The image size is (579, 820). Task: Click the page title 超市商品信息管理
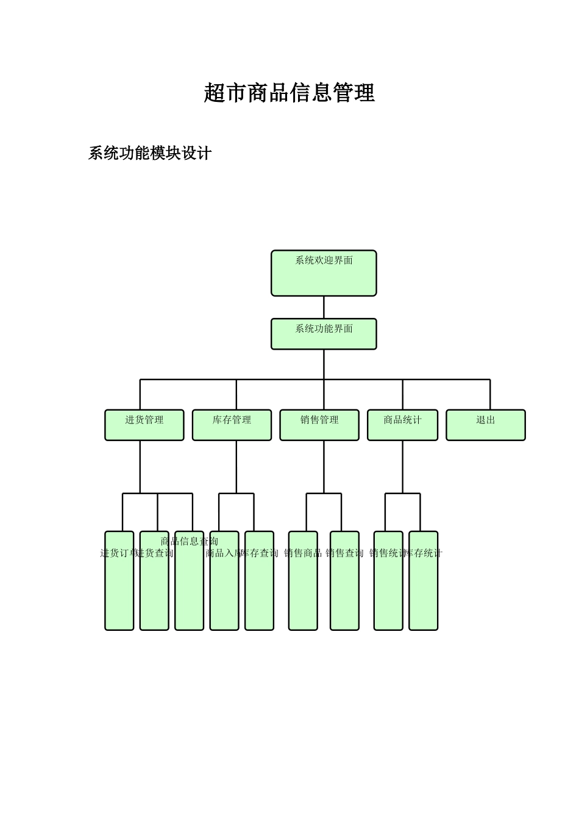coord(289,93)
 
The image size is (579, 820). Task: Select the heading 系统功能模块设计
coord(150,153)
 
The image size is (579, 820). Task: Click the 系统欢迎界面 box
coord(324,273)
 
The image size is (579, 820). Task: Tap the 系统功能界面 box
coord(324,334)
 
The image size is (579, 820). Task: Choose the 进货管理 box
coord(144,425)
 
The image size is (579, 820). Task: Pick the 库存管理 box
coord(232,425)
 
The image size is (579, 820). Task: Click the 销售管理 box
coord(319,425)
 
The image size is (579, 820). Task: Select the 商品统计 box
coord(402,425)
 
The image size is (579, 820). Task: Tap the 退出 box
coord(486,425)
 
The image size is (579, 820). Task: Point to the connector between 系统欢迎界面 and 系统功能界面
coord(324,307)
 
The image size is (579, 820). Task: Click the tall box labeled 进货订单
coord(119,586)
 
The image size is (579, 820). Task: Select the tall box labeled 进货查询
coord(154,586)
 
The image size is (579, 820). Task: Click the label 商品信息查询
coord(190,541)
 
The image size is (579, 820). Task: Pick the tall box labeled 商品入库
coord(224,586)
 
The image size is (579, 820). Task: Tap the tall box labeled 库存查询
coord(259,586)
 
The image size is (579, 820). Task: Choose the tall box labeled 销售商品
coord(303,586)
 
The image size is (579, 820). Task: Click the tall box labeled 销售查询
coord(344,586)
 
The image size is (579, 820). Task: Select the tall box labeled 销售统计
coord(388,586)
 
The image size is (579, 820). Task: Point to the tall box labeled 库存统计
coord(423,586)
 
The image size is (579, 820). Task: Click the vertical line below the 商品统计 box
coord(402,467)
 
